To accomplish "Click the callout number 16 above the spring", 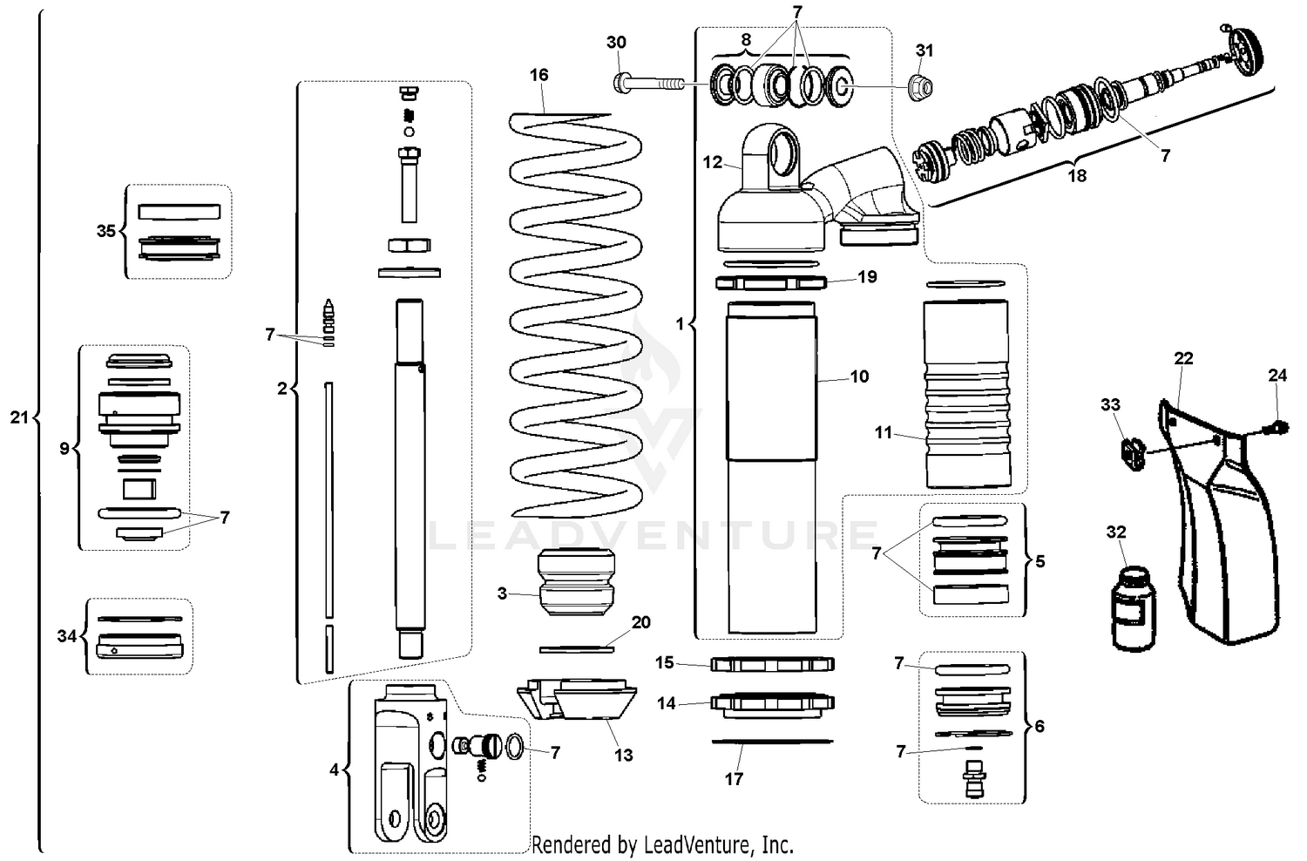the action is tap(539, 75).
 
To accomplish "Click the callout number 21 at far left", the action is tap(19, 417).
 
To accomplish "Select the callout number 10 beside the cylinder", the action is tap(859, 376).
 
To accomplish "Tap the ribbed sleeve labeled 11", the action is tap(968, 394).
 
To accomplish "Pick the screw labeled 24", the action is tap(1277, 426).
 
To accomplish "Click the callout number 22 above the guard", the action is tap(1183, 358).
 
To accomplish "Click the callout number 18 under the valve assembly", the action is tap(1077, 175).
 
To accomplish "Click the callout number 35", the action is tap(106, 231).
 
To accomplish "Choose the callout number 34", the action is tap(67, 636).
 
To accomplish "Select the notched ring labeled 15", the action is tap(772, 664).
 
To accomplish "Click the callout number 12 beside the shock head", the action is tap(713, 162).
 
